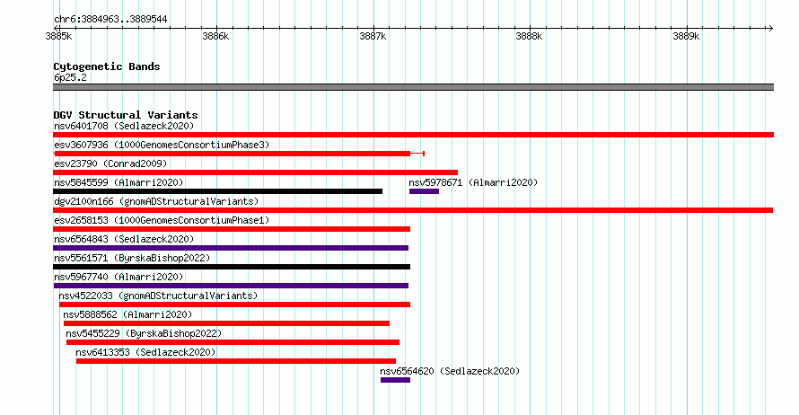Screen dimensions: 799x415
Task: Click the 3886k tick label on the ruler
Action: tap(215, 37)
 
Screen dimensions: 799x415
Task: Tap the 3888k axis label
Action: tap(529, 37)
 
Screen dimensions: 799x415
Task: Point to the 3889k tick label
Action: tap(686, 37)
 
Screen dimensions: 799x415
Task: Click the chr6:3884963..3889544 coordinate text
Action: tap(110, 20)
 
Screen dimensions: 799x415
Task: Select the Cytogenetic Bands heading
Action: tap(107, 66)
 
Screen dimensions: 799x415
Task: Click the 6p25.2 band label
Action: tap(70, 77)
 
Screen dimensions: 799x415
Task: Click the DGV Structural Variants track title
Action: tap(126, 115)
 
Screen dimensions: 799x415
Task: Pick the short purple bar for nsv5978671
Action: tap(424, 191)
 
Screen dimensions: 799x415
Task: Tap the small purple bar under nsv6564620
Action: tap(395, 380)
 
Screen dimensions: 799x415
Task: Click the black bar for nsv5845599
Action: tap(217, 191)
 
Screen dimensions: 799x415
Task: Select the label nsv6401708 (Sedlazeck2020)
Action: tap(124, 126)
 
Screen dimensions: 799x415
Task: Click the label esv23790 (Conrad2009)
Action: tap(110, 163)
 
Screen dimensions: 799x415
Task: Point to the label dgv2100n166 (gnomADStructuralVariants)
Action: tap(156, 201)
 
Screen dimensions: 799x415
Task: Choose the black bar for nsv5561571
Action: tap(232, 267)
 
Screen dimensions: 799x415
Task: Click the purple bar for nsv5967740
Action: tap(231, 286)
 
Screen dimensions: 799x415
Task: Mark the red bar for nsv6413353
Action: tap(236, 361)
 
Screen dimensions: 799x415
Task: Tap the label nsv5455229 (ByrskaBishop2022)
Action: tap(144, 333)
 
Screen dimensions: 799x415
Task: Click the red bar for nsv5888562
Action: tap(226, 323)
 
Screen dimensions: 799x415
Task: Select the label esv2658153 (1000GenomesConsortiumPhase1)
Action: tap(162, 220)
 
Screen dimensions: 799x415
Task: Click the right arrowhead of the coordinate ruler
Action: tap(771, 29)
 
